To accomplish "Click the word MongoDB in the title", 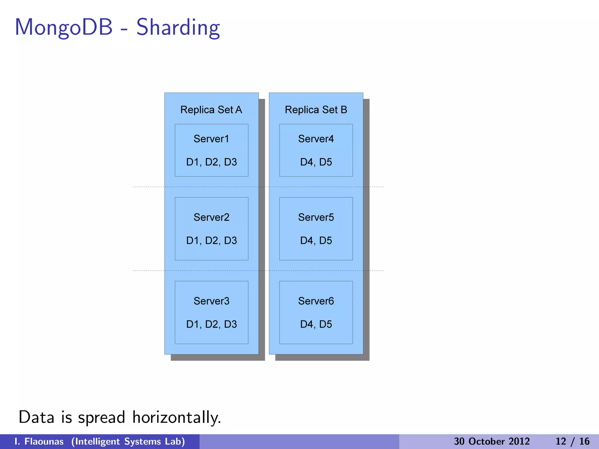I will pyautogui.click(x=64, y=27).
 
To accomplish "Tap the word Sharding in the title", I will pyautogui.click(x=178, y=28).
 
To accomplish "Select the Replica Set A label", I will pyautogui.click(x=211, y=110).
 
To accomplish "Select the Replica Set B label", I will pyautogui.click(x=316, y=110).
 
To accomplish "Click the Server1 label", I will pyautogui.click(x=211, y=139).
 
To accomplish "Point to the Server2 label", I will pyautogui.click(x=211, y=217).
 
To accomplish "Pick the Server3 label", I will pyautogui.click(x=211, y=301).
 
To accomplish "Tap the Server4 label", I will pyautogui.click(x=316, y=139).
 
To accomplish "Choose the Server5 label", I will pyautogui.click(x=316, y=217).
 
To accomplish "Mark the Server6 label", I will pyautogui.click(x=316, y=301).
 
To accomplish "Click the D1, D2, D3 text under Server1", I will pyautogui.click(x=211, y=162).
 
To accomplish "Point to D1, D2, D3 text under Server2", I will pyautogui.click(x=211, y=241).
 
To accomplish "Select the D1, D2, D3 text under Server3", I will pyautogui.click(x=211, y=324).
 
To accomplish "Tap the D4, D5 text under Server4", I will pyautogui.click(x=316, y=162).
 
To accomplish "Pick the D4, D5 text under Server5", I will pyautogui.click(x=316, y=241).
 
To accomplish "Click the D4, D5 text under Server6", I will pyautogui.click(x=316, y=324).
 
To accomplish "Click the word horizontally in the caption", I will pyautogui.click(x=176, y=417).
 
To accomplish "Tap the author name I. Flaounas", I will pyautogui.click(x=39, y=441).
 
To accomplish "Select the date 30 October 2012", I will pyautogui.click(x=492, y=441).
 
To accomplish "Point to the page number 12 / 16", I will pyautogui.click(x=572, y=441).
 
